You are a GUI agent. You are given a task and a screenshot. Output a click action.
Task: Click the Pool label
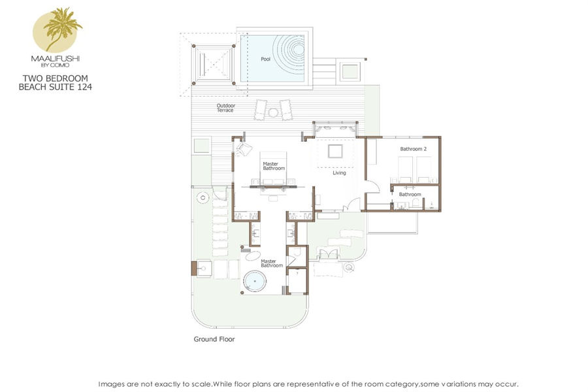[265, 59]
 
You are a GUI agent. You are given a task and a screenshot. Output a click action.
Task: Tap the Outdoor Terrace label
[226, 108]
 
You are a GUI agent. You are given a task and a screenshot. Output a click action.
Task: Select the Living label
[339, 173]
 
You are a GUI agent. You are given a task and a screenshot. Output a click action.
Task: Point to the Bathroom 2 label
[414, 149]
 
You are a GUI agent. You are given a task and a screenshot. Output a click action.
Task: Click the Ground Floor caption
[214, 339]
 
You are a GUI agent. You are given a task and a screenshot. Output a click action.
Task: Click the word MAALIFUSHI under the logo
[55, 59]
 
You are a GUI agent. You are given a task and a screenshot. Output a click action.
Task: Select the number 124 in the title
[84, 87]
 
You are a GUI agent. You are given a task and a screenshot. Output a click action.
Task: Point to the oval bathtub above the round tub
[253, 256]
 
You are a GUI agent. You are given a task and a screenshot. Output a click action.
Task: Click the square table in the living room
[335, 152]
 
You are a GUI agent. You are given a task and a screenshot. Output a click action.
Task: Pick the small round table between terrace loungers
[272, 112]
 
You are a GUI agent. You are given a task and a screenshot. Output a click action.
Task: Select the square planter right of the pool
[350, 71]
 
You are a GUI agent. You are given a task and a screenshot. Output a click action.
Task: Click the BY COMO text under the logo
[55, 65]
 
